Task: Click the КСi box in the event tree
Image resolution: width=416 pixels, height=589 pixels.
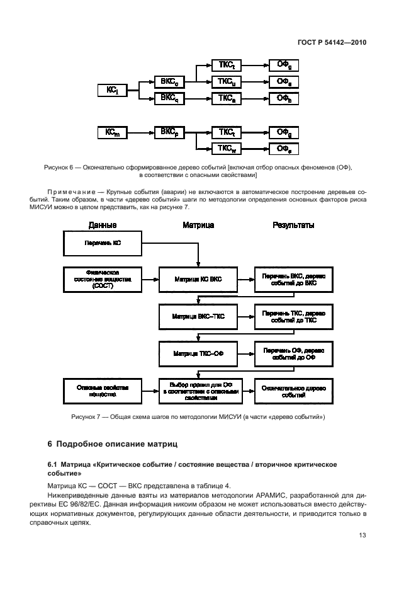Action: (x=113, y=90)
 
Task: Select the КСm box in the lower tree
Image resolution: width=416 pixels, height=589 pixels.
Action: (x=113, y=132)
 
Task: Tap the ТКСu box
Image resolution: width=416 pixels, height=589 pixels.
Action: (x=227, y=81)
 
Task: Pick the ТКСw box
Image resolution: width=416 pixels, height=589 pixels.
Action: (x=227, y=149)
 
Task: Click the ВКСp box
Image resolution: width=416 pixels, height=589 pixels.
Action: (x=169, y=132)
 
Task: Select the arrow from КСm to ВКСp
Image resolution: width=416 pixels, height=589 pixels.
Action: (x=141, y=132)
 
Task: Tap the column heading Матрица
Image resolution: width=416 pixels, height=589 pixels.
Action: (x=198, y=225)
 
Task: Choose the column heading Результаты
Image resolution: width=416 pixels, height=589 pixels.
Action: (x=293, y=225)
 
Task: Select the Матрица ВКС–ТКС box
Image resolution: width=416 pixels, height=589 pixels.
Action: (x=198, y=315)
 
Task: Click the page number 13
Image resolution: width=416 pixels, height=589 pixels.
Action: (x=361, y=536)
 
